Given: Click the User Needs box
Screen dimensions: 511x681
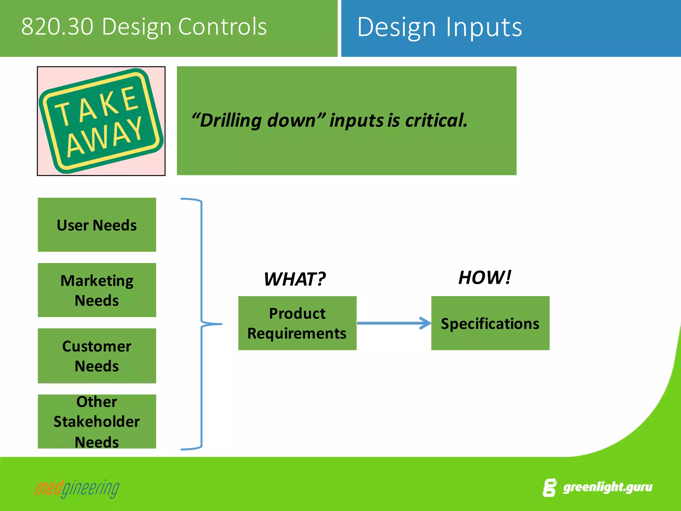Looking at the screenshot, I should click(x=97, y=225).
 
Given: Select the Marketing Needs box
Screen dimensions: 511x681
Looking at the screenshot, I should click(x=97, y=290).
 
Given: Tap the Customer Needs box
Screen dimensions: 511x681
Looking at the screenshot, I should click(x=97, y=356).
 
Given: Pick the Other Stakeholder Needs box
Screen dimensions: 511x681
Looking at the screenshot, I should click(x=97, y=422).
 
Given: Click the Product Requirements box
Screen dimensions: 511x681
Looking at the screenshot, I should click(x=297, y=323).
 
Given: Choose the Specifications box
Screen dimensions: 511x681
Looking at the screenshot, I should click(x=490, y=323).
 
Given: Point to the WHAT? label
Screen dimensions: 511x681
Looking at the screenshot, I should click(x=295, y=279).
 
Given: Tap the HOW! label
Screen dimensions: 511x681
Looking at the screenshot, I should click(x=484, y=277).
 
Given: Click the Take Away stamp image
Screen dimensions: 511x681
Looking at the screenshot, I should click(x=101, y=121).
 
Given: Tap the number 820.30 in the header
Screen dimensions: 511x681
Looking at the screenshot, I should click(x=57, y=27).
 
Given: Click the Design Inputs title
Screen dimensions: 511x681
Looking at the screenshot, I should click(x=439, y=27).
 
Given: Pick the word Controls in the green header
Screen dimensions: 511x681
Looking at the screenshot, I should click(x=222, y=27).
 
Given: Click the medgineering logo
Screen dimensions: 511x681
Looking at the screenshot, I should click(x=77, y=488).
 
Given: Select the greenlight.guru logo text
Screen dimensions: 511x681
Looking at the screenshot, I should click(x=608, y=487).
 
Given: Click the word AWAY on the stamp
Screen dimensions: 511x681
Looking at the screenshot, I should click(x=105, y=137).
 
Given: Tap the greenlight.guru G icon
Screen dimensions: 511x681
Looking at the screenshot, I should click(x=549, y=488).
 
